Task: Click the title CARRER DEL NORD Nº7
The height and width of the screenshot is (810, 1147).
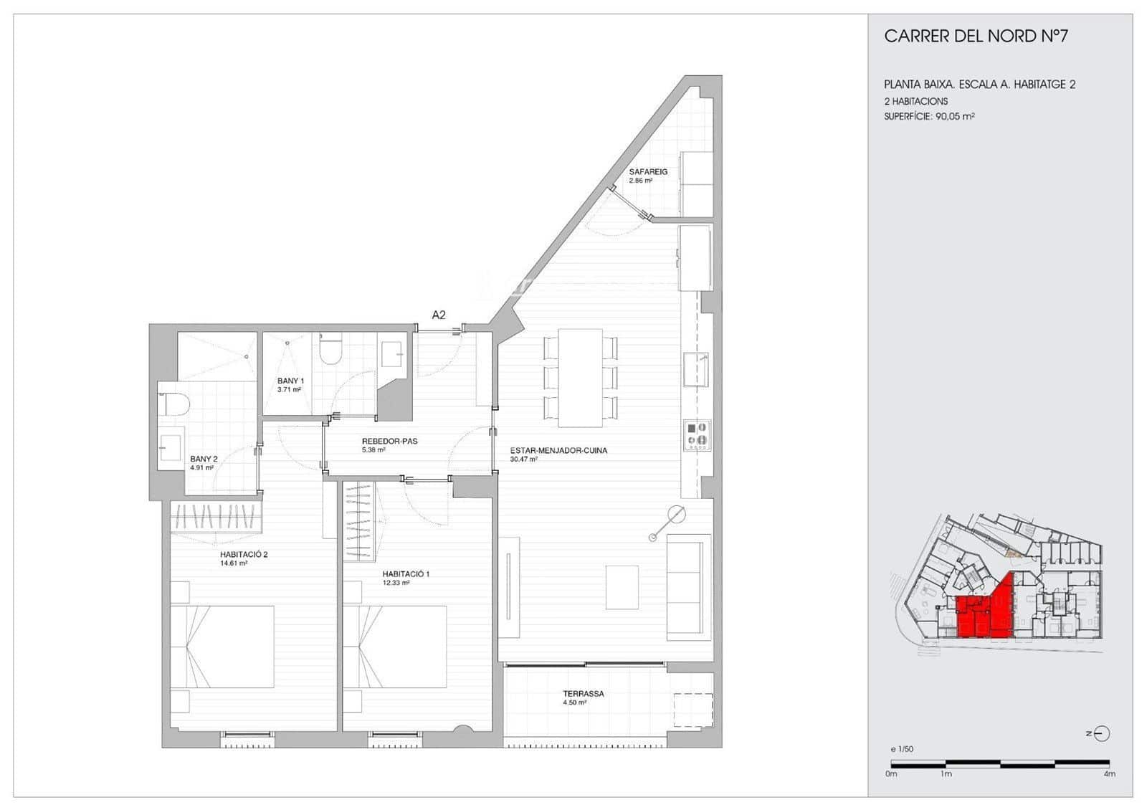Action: pos(975,37)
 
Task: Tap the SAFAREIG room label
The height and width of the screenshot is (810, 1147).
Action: pos(648,172)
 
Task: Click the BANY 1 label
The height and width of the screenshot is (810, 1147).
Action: pos(291,381)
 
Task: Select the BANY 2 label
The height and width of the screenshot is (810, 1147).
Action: pos(204,459)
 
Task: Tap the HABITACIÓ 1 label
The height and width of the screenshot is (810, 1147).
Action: pos(406,574)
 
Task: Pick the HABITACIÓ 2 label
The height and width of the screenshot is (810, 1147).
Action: pos(244,554)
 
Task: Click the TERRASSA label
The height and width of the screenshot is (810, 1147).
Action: pos(583,694)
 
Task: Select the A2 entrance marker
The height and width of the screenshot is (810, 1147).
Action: pos(439,314)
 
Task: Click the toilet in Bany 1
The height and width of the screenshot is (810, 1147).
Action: pos(330,351)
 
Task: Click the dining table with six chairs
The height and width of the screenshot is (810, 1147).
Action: pos(580,377)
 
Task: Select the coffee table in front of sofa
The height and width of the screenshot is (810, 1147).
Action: pos(622,587)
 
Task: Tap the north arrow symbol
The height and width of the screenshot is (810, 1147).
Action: pos(1103,733)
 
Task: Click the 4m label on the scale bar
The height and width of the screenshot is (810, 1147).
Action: pos(1109,774)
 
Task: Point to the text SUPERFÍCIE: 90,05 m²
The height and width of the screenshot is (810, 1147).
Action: pos(929,116)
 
